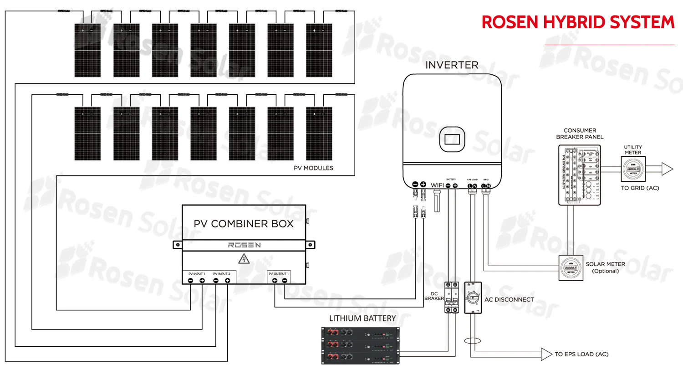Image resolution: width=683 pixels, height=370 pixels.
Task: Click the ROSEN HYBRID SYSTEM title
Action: pos(577,22)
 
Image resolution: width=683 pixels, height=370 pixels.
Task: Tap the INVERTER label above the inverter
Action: pos(452,65)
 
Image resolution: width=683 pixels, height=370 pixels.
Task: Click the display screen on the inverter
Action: pos(452,139)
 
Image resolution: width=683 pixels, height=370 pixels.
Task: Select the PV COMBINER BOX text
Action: pos(244,224)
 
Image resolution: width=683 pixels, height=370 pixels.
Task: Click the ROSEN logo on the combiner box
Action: pos(244,245)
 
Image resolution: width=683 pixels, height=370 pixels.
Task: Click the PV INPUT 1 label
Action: pos(196,274)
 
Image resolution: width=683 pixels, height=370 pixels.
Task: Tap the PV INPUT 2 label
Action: pos(221,274)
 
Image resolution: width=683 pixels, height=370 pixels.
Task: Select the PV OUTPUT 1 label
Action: pos(278,274)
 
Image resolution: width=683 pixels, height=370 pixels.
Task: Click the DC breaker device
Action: pos(451,297)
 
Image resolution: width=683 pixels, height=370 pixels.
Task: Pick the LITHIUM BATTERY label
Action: pos(362,318)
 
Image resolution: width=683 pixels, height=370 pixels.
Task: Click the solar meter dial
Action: pos(571,267)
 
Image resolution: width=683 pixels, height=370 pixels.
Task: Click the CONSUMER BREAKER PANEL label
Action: pos(579,134)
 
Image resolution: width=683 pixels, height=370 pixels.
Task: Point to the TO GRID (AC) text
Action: pos(640,188)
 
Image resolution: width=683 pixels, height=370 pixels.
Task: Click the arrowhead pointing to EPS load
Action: pos(546,354)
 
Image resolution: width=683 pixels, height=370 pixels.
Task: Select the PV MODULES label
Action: pos(313,168)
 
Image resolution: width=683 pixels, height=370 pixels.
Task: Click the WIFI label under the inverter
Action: pos(437,185)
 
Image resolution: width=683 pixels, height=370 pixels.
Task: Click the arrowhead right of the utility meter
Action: pos(667,170)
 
